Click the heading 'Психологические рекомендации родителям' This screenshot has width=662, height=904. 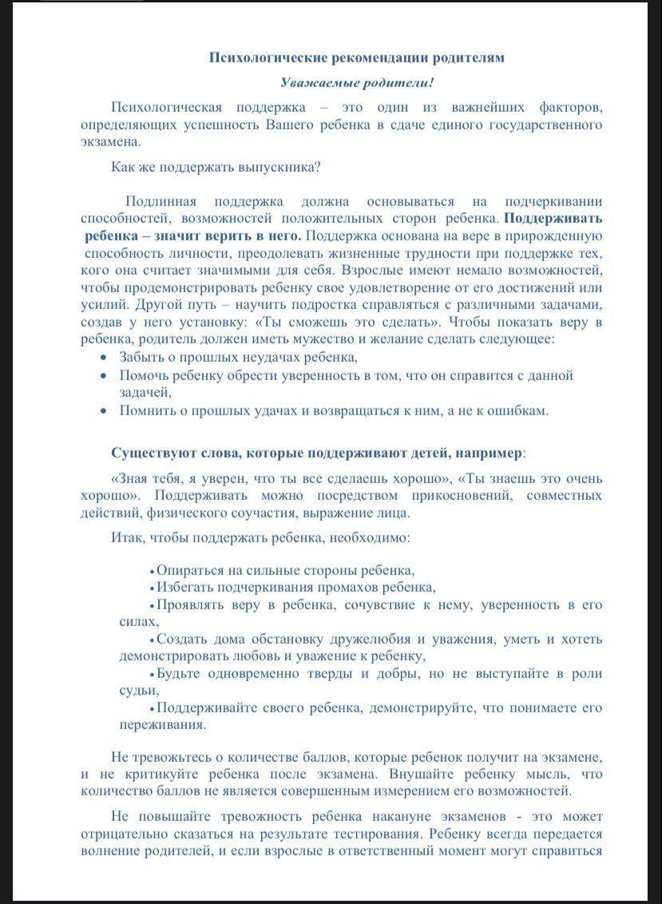(x=356, y=57)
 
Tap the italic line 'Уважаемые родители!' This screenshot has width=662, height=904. (x=357, y=82)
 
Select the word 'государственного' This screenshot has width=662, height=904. (x=550, y=125)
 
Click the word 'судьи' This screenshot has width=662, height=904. (x=137, y=690)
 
